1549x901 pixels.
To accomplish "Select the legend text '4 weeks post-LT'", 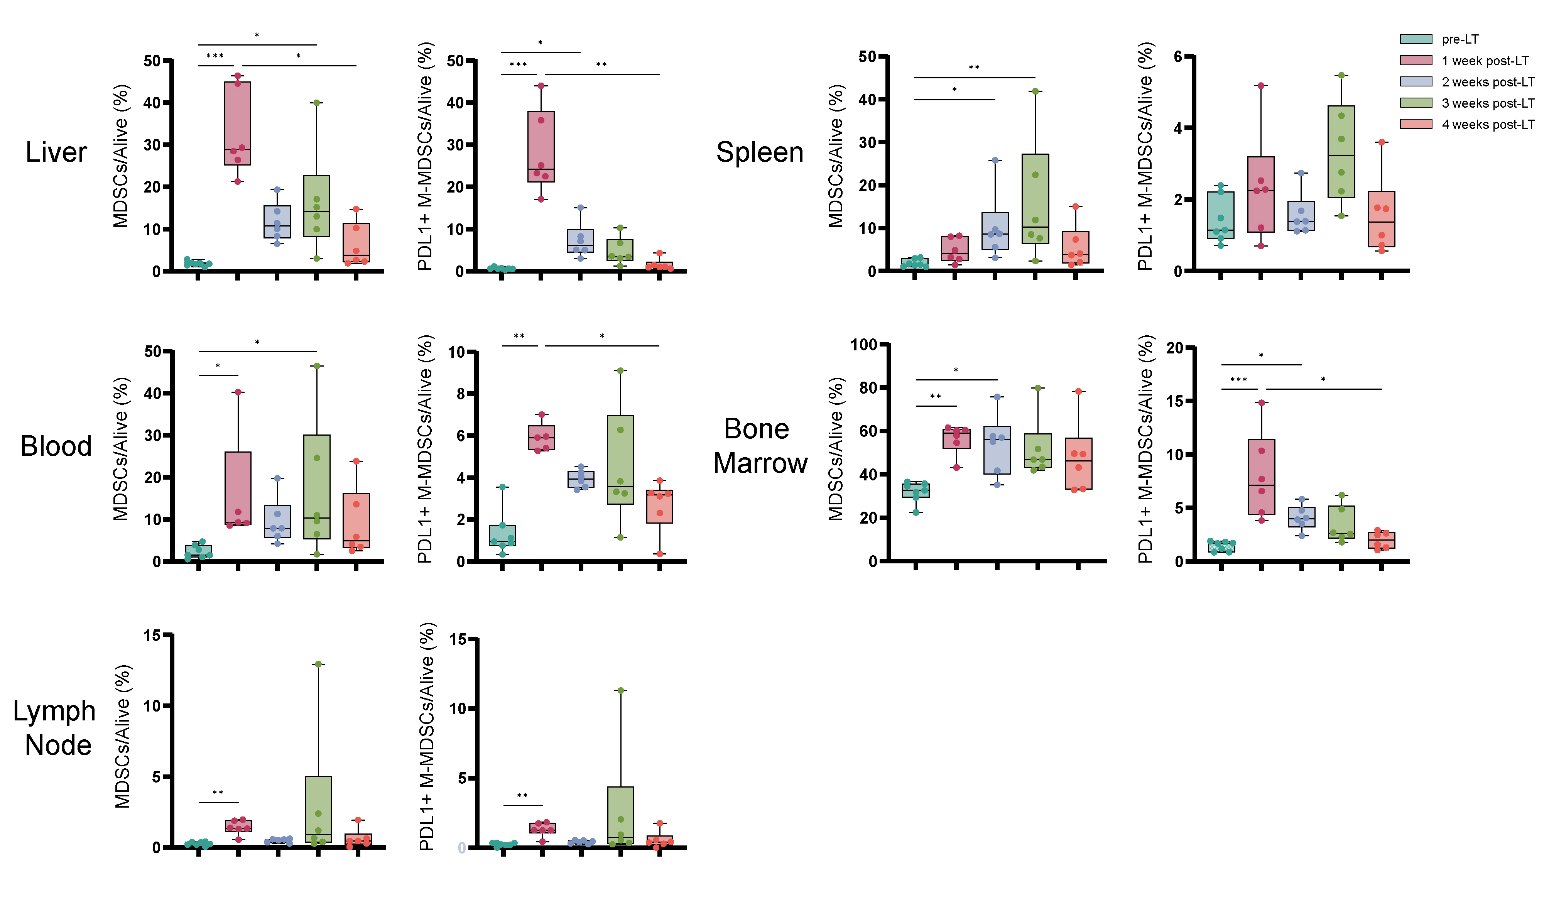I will (x=1488, y=125).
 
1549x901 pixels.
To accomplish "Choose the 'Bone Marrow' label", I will (x=760, y=446).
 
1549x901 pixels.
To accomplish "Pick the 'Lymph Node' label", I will (x=55, y=728).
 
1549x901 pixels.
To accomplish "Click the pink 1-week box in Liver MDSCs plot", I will (x=238, y=123).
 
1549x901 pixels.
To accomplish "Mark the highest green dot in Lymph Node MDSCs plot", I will (x=318, y=664).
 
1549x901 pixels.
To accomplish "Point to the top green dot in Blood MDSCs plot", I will (x=317, y=366).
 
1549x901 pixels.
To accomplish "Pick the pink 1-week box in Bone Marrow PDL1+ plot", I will (x=1261, y=476).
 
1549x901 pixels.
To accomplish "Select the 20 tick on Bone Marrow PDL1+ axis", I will (x=1175, y=348).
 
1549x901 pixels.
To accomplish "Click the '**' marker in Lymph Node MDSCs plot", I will (x=218, y=793).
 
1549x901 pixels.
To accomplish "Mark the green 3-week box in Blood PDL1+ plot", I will (x=620, y=460).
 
